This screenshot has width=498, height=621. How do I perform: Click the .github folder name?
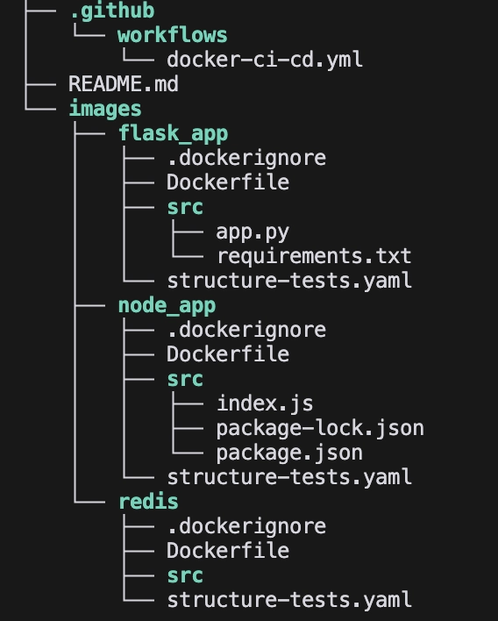point(112,11)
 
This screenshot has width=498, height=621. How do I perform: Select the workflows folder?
point(172,35)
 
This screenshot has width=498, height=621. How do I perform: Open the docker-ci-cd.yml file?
point(265,60)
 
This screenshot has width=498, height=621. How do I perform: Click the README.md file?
point(123,84)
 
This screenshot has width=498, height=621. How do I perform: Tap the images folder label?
point(105,109)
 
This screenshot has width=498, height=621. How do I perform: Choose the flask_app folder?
point(174,133)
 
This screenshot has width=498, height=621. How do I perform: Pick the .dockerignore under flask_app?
point(246,158)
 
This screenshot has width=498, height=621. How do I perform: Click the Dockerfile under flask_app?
point(228,182)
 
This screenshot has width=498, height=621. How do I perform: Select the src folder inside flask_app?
point(185,208)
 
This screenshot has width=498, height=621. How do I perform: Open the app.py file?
point(253,232)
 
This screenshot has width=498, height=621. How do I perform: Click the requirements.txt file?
point(314,256)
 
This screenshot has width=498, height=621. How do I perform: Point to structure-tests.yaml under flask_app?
point(289,281)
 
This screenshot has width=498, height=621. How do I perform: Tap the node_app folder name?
point(167,306)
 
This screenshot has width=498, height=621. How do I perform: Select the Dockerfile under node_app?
point(228,354)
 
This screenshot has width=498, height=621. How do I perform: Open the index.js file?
point(265,403)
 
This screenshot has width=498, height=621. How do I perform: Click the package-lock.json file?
point(320,429)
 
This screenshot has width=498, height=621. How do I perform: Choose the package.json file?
point(289,453)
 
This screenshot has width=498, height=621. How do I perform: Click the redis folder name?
point(148,502)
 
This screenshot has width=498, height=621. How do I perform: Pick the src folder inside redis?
point(185,576)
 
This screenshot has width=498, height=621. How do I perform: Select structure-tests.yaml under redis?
point(289,600)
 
